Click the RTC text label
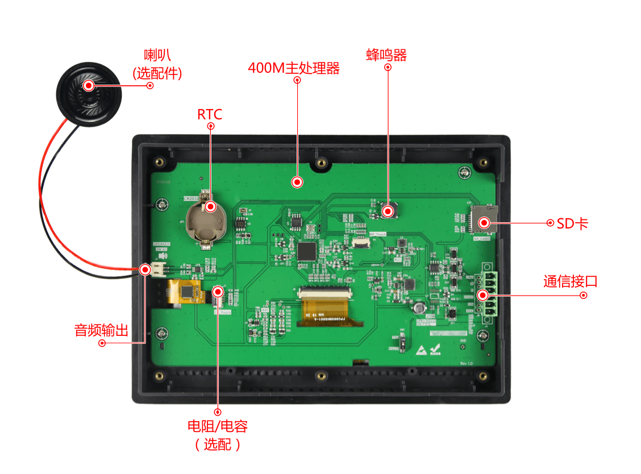pos(210,114)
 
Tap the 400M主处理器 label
pos(294,68)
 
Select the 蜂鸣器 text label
pos(386,55)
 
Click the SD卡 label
pos(572,224)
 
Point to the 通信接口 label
pos(570,281)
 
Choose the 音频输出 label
pos(101,330)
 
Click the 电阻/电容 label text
pos(218,426)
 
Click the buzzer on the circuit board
pos(388,210)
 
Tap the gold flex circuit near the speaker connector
pos(185,292)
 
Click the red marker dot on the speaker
pos(89,86)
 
